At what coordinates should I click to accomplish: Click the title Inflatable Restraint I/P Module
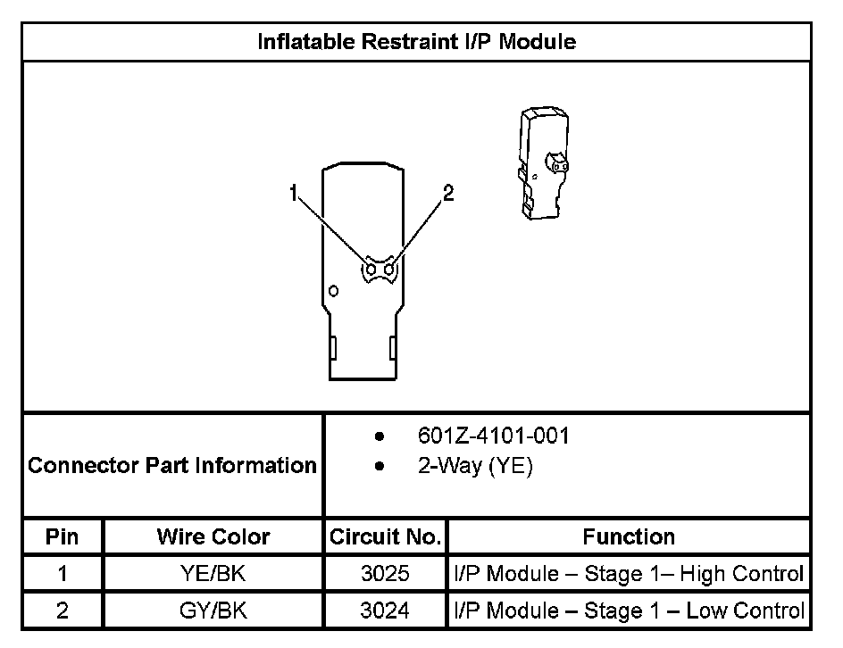click(417, 41)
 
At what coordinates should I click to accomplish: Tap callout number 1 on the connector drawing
click(293, 193)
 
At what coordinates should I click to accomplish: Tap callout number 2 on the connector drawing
click(448, 193)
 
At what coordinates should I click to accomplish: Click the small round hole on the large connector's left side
click(333, 291)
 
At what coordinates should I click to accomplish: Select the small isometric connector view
click(544, 162)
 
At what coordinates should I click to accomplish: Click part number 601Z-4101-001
click(493, 436)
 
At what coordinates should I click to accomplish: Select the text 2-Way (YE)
click(475, 465)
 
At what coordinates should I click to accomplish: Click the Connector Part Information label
click(172, 465)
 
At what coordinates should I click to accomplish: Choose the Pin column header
click(62, 536)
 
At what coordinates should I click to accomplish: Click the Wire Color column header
click(213, 536)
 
